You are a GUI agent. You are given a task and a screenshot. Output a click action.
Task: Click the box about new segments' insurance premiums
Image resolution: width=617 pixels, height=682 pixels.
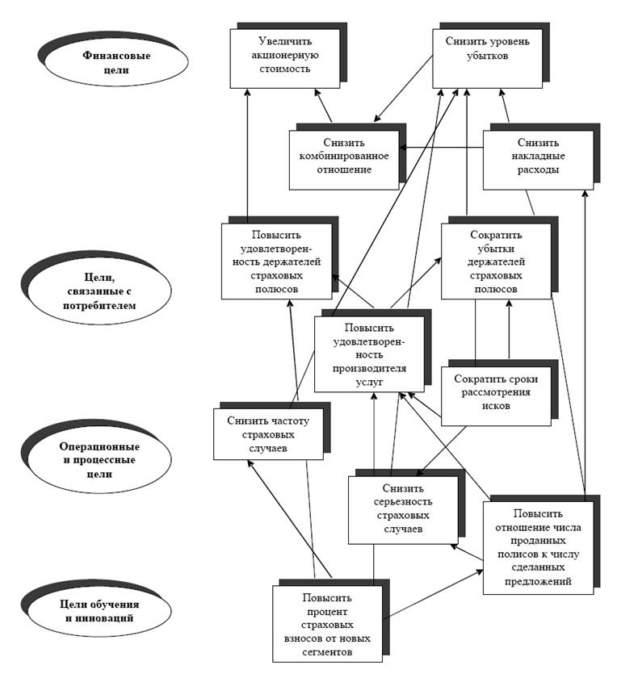pyautogui.click(x=327, y=623)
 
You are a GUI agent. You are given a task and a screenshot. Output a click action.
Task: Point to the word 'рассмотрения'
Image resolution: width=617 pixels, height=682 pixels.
pyautogui.click(x=495, y=393)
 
